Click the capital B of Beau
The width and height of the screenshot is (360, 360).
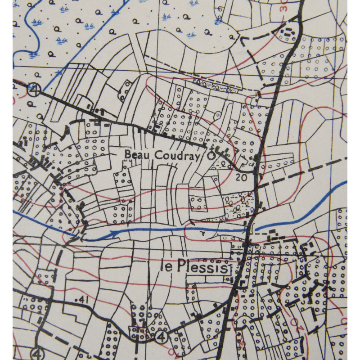tap(127, 154)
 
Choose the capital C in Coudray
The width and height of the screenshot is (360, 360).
tap(157, 155)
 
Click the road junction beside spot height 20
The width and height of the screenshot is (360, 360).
tap(255, 172)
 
